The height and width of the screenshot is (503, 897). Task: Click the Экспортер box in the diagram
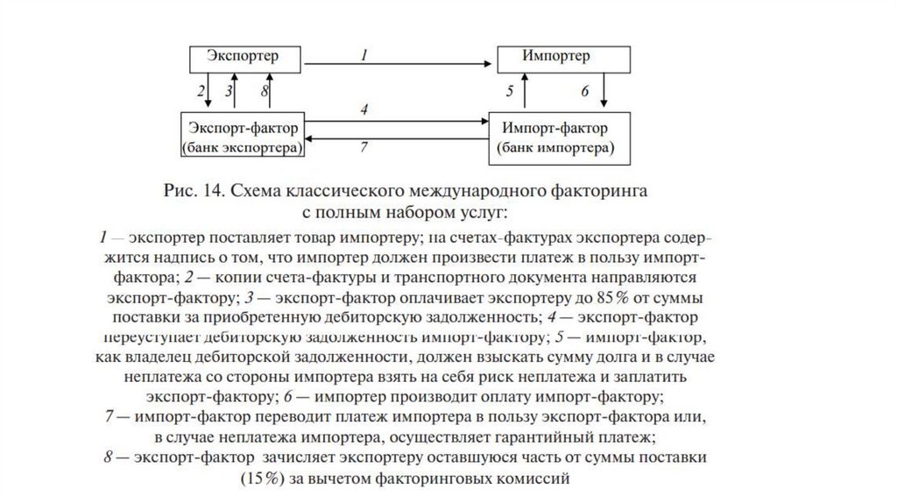coord(243,58)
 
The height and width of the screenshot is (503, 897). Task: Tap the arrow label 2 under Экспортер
coord(201,90)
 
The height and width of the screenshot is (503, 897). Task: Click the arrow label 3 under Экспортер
coord(229,90)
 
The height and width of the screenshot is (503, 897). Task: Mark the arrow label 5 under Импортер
coord(510,91)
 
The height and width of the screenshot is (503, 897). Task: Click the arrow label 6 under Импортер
coord(585,91)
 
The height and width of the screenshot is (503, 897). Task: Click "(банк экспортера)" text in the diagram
coord(242,148)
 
